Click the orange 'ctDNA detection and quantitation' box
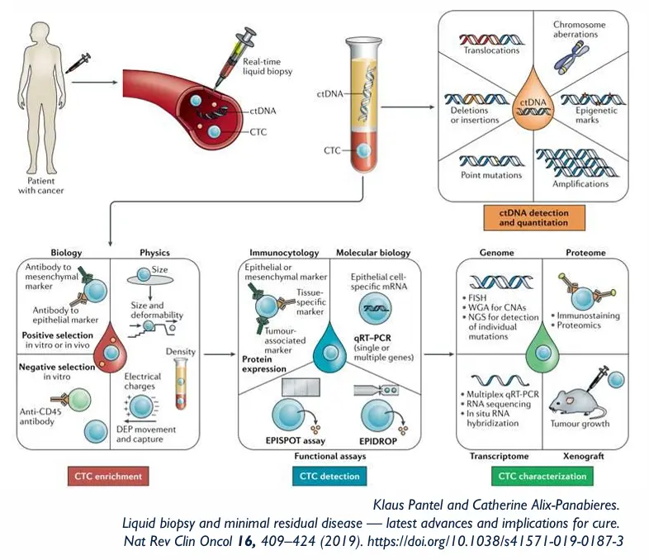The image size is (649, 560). [529, 217]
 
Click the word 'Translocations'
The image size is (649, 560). [491, 50]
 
